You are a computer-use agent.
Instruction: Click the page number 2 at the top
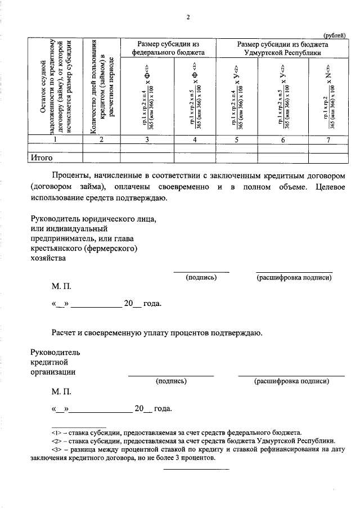pyautogui.click(x=188, y=17)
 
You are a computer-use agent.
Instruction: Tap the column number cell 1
pyautogui.click(x=54, y=140)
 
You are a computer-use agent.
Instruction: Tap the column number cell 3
pyautogui.click(x=147, y=140)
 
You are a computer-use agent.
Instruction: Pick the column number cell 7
pyautogui.click(x=327, y=140)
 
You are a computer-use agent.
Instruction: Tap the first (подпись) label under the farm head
pyautogui.click(x=201, y=277)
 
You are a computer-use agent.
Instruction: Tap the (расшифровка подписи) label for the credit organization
pyautogui.click(x=291, y=381)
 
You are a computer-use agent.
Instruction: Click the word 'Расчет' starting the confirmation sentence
pyautogui.click(x=65, y=333)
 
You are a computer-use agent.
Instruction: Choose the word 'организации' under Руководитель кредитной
pyautogui.click(x=53, y=372)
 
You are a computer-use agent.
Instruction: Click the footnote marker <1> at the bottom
pyautogui.click(x=56, y=433)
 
